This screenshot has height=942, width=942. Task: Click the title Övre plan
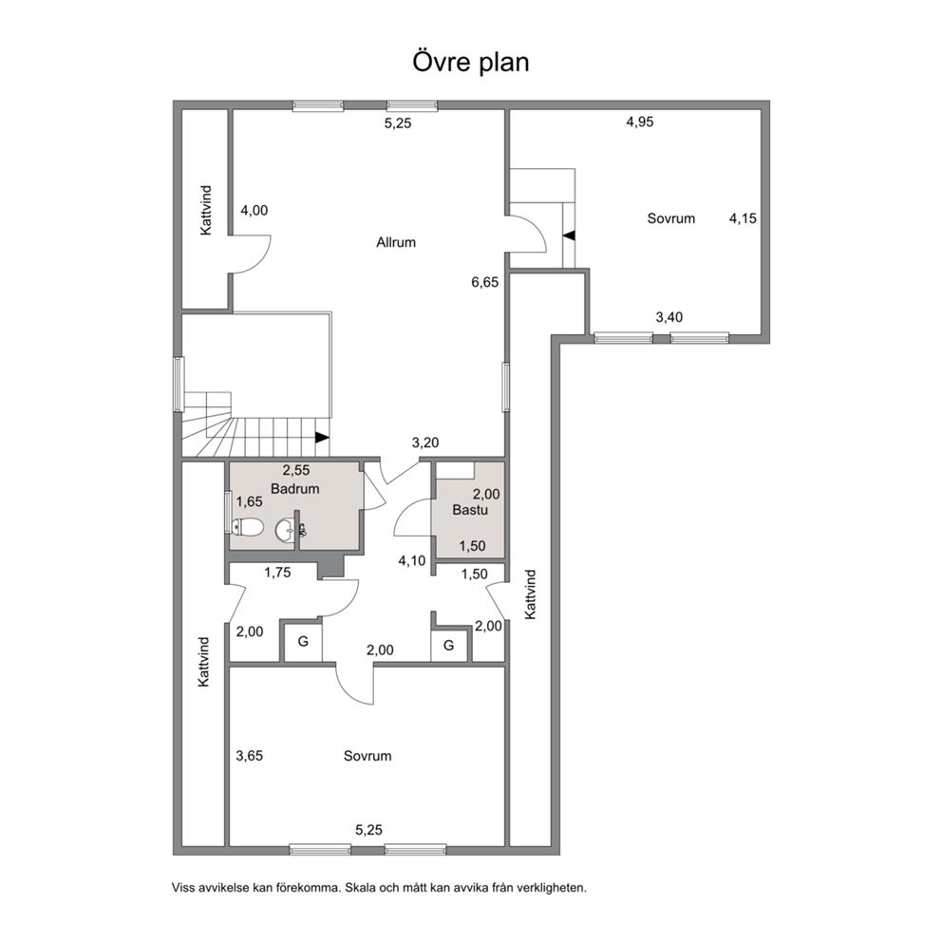(x=470, y=63)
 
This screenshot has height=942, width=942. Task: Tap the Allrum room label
(x=396, y=243)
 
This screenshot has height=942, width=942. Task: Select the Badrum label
(x=294, y=489)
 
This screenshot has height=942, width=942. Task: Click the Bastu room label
(x=470, y=510)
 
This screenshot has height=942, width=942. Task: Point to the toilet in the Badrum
(x=248, y=527)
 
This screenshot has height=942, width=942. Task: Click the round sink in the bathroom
(x=285, y=530)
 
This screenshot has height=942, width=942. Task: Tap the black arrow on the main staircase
(x=322, y=438)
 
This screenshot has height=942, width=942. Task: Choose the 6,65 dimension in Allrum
(x=485, y=282)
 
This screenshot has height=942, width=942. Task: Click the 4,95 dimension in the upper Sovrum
(x=640, y=122)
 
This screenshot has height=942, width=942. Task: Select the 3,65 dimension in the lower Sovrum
(x=250, y=756)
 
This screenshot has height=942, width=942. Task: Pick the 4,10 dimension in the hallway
(x=412, y=561)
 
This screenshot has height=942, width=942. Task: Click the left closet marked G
(x=303, y=642)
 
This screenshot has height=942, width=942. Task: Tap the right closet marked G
(x=449, y=646)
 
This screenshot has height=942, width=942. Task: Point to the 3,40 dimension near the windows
(x=669, y=317)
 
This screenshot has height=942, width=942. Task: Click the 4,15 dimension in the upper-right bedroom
(x=744, y=218)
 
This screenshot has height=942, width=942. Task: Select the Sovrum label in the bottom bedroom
(x=367, y=756)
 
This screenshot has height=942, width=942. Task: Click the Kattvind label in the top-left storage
(x=206, y=210)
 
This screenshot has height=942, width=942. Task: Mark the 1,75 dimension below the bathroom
(x=277, y=573)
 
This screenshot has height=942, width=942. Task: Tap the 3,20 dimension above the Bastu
(x=425, y=443)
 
